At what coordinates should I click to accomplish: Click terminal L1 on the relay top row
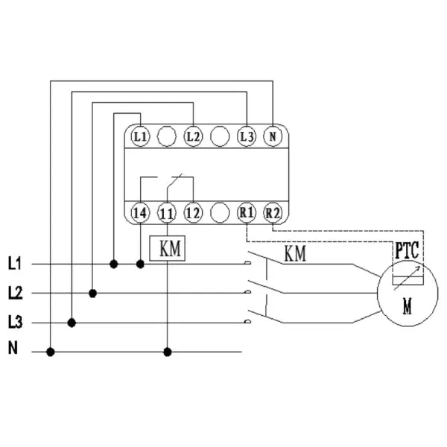pos(140,136)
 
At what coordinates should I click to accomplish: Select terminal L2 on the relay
pos(193,136)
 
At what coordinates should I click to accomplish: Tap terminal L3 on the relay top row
pos(246,136)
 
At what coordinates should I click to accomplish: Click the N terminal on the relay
pos(273,136)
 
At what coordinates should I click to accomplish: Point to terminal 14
pos(140,212)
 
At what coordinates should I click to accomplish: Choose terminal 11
pos(167,212)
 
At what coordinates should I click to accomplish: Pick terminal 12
pos(193,212)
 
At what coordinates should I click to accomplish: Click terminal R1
pos(246,212)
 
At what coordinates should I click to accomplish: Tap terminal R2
pos(273,212)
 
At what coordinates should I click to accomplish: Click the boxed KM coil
pos(169,249)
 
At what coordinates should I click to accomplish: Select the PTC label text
pos(407,251)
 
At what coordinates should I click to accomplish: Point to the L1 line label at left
pos(15,263)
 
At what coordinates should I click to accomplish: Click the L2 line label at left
pos(15,293)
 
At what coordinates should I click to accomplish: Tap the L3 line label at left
pos(15,323)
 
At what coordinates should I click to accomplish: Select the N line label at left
pos(12,347)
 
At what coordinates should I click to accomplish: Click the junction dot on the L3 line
pos(72,323)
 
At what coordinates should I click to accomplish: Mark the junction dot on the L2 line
pos(92,293)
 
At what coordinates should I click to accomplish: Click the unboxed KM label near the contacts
pos(295,254)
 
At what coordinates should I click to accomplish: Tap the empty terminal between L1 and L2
pos(167,136)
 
